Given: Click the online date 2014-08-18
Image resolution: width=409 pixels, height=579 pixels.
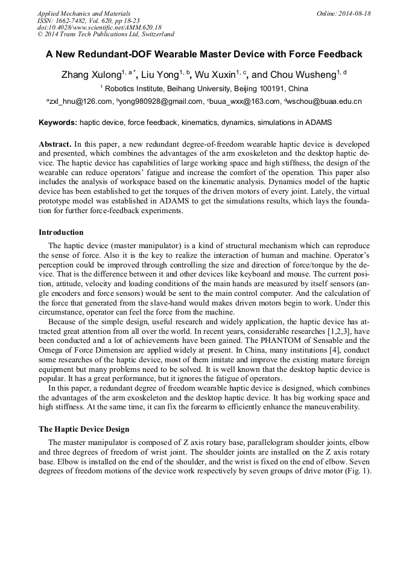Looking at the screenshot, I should pos(355,13).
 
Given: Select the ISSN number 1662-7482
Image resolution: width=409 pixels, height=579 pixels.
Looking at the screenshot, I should pos(73,21).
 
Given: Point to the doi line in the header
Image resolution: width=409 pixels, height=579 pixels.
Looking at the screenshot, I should pos(99,28).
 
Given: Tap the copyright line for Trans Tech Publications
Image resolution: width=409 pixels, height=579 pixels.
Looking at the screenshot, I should pos(106,35).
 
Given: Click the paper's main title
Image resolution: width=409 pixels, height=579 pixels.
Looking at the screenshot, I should pos(204,54).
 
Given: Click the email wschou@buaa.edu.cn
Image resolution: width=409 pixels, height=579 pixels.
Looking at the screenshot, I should pos(325,101).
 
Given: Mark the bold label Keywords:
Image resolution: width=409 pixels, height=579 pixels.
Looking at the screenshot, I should pos(58,123).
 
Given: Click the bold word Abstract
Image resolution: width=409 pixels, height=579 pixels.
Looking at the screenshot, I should pos(55,145).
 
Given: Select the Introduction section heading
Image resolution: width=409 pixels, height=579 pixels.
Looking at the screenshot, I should pos(61,232).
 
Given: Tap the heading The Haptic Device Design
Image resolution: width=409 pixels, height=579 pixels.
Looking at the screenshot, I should pos(84,429).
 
